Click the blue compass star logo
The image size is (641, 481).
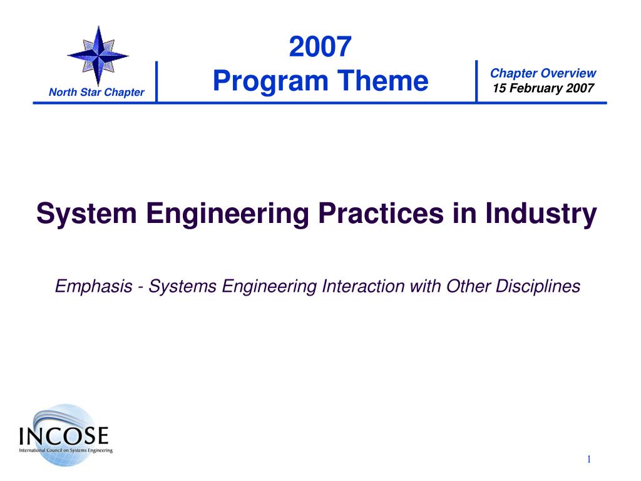98,56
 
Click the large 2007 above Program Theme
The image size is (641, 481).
320,46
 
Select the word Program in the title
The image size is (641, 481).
270,81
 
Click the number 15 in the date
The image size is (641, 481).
499,88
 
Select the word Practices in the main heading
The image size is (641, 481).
381,213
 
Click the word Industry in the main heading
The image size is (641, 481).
541,214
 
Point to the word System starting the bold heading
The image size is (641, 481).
86,214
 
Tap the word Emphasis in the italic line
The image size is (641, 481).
94,286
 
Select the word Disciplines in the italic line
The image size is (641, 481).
538,286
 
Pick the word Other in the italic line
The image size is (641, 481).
468,286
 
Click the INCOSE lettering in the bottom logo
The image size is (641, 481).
64,436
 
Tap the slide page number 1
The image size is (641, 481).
589,459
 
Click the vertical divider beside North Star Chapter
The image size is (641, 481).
156,81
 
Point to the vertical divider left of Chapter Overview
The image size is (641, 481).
476,81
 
